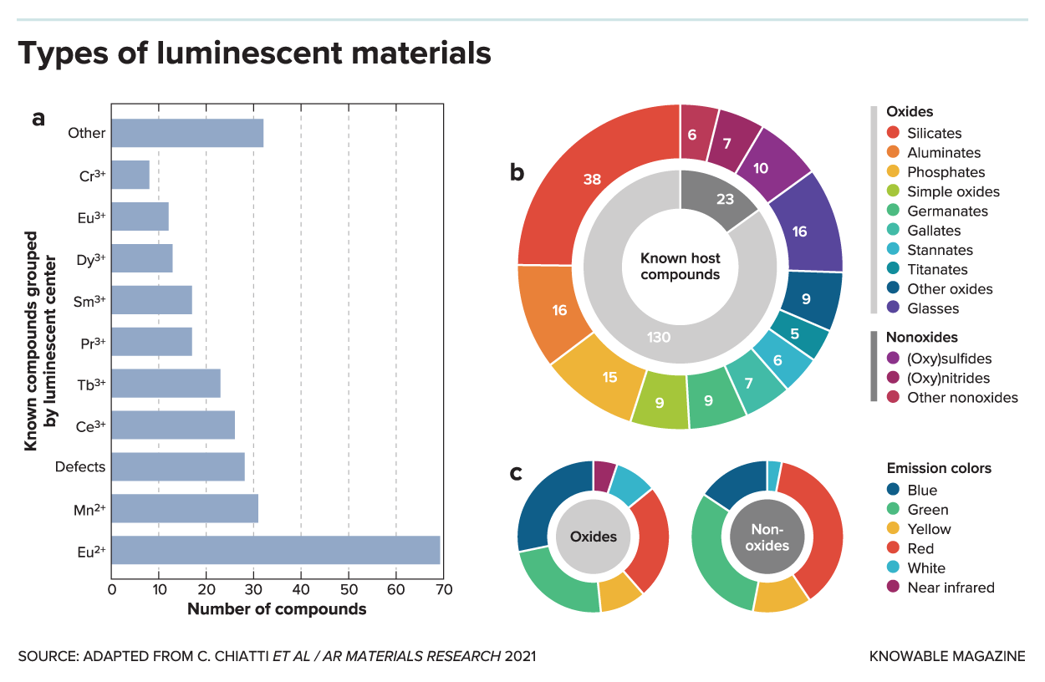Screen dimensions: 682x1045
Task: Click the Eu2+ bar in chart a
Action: point(276,550)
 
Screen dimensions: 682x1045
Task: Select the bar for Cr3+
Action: point(130,175)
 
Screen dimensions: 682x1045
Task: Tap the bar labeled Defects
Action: point(178,466)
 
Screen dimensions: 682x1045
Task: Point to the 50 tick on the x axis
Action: point(349,590)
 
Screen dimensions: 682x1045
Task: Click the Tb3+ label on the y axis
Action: point(89,384)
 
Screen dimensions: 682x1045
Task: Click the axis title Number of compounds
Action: point(277,609)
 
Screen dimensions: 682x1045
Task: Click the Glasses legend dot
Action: point(893,308)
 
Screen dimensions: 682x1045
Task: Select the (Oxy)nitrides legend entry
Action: point(948,378)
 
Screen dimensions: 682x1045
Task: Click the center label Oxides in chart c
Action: point(594,537)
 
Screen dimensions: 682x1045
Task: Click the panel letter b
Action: point(517,172)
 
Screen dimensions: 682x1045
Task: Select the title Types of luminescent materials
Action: point(254,53)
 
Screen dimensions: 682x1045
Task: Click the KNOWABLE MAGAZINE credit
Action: point(947,656)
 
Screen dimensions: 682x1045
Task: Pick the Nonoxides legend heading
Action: point(923,338)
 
